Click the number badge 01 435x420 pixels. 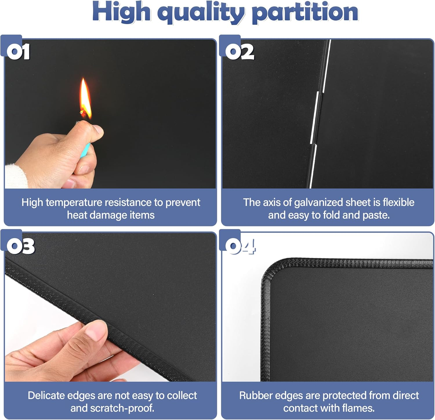(x=18, y=52)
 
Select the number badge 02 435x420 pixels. (x=240, y=52)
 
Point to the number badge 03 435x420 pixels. (x=20, y=246)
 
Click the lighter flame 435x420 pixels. (x=85, y=99)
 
